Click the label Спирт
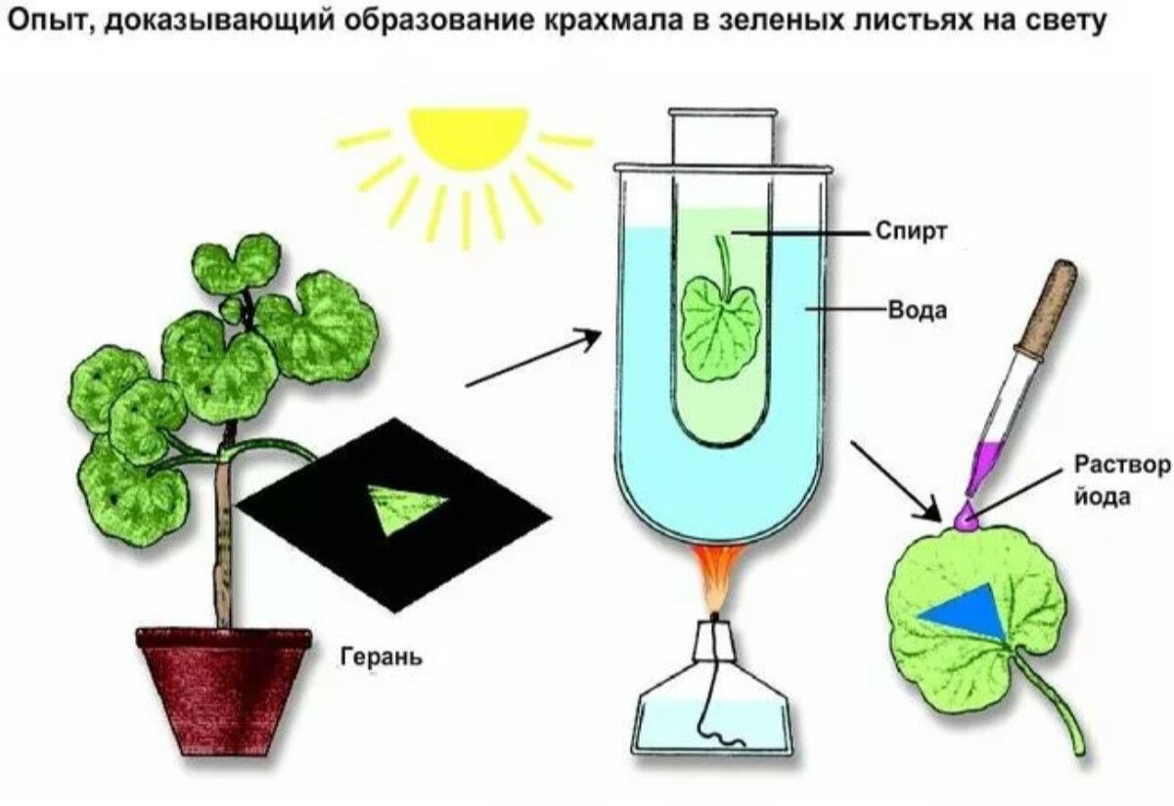click(915, 233)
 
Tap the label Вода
click(917, 310)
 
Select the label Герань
click(381, 654)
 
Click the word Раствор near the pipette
click(1121, 463)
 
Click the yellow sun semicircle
click(468, 137)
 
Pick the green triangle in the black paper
click(407, 509)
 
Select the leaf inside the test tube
click(720, 327)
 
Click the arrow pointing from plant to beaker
click(532, 358)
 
